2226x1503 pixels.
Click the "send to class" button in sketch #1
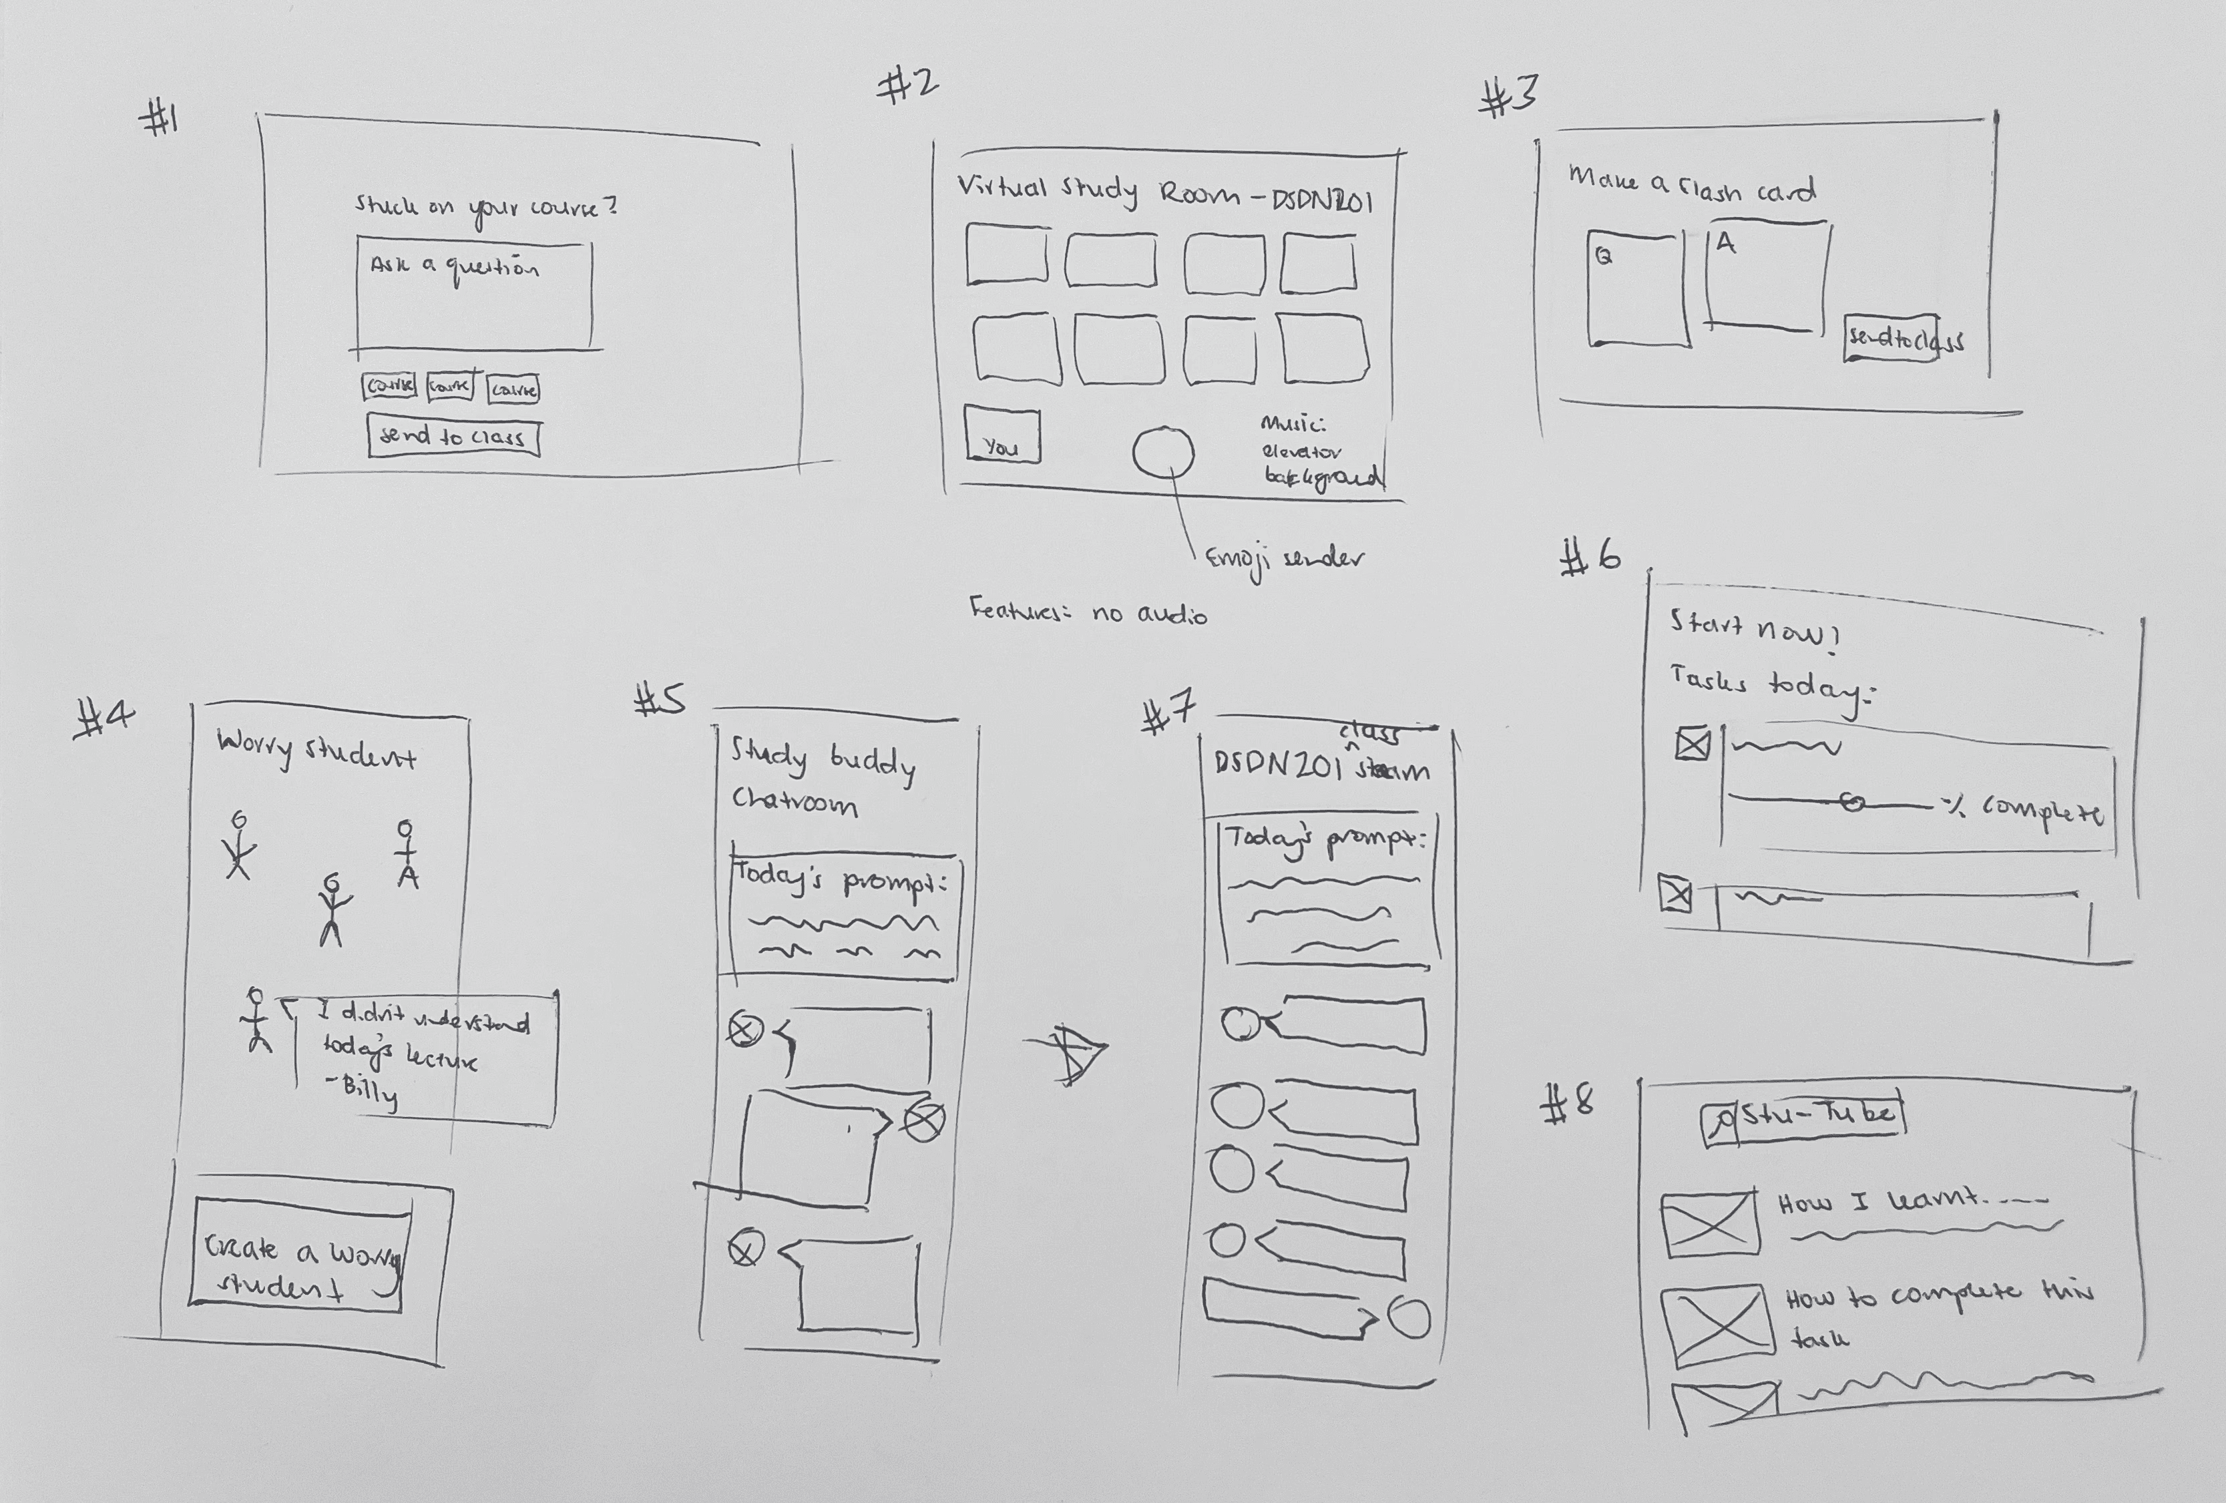453,438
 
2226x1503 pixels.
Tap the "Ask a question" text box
474,297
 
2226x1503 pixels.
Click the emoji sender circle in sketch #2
1163,452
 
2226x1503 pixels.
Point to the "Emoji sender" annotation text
1283,560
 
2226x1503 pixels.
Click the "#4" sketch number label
103,718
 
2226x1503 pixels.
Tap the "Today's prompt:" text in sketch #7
1325,840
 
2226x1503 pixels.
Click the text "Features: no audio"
1088,612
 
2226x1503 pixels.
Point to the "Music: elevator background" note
1320,451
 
